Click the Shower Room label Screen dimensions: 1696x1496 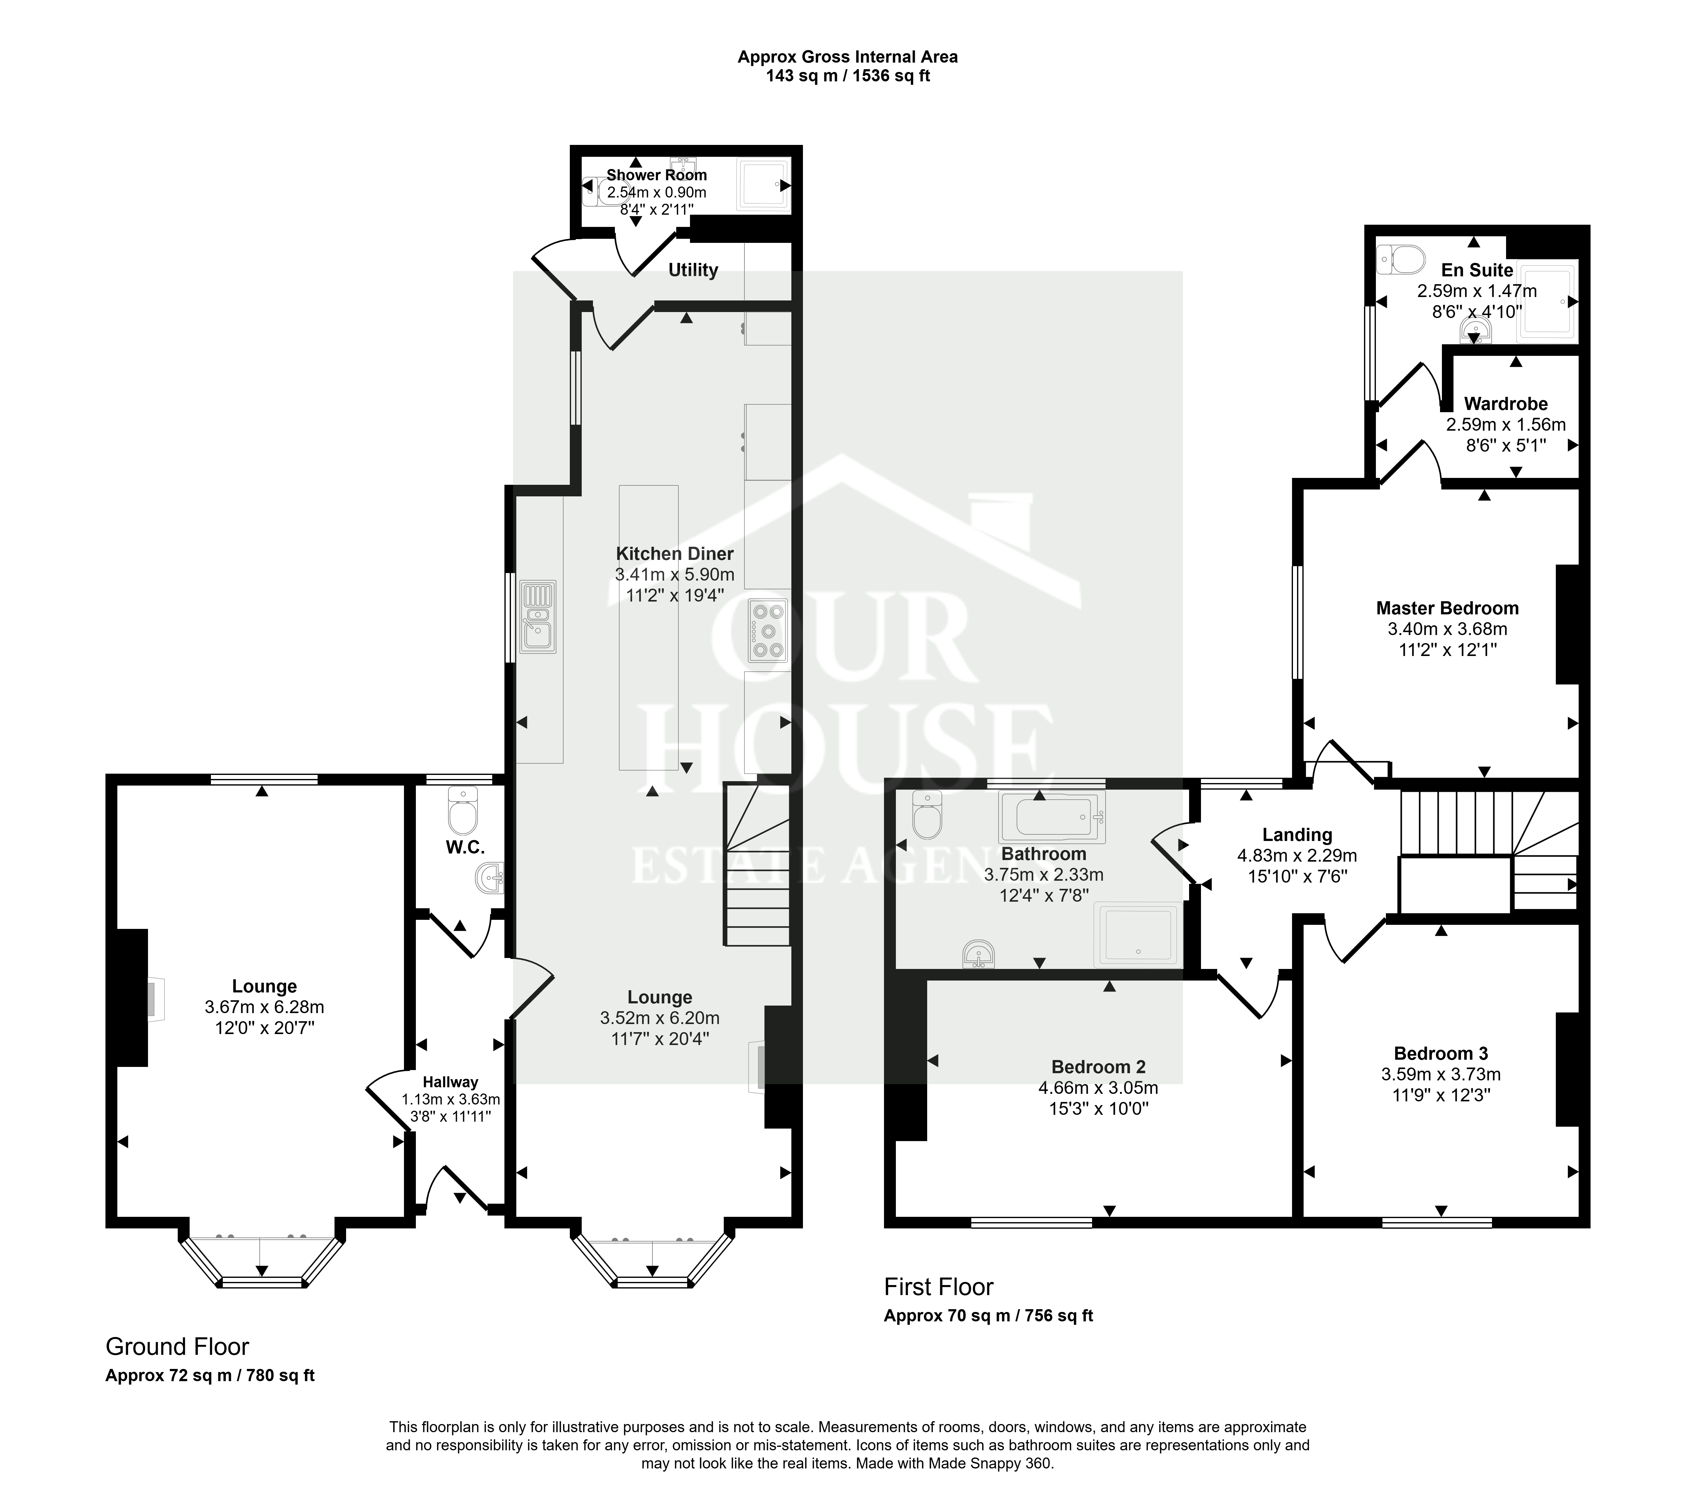(x=656, y=175)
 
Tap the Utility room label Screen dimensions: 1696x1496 (x=693, y=270)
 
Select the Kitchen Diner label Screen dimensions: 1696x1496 (x=675, y=553)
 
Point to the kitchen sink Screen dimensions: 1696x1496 (x=538, y=616)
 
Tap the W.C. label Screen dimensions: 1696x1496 (x=465, y=847)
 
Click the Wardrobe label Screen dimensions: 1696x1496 (x=1506, y=404)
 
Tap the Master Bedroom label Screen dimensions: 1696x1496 (x=1447, y=608)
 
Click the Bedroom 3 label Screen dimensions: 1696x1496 (x=1440, y=1054)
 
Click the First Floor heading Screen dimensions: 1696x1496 (x=938, y=1287)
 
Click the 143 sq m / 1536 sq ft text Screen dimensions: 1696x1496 (x=847, y=76)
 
